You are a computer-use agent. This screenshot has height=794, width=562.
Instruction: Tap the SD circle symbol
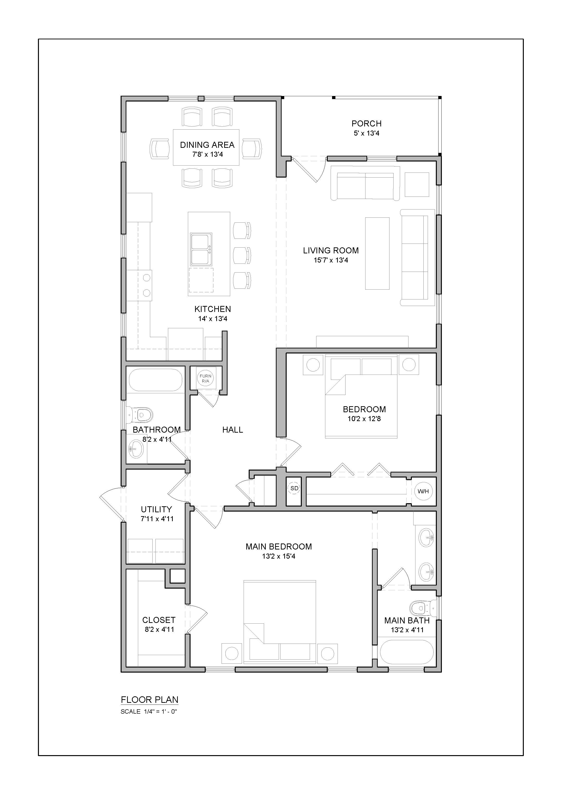tap(294, 488)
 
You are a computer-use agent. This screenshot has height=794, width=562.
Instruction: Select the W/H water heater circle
tap(423, 491)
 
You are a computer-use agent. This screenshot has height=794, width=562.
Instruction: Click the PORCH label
tap(366, 124)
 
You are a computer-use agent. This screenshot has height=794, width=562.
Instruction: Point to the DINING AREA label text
tap(207, 145)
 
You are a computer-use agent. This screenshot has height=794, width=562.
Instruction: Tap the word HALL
tap(233, 430)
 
